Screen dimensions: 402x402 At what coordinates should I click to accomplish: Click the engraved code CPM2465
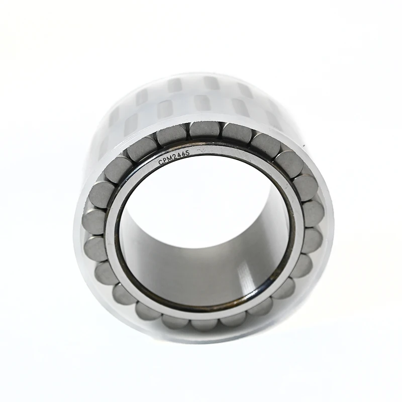(x=174, y=158)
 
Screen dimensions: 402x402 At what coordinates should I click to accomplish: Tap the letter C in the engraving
(x=160, y=163)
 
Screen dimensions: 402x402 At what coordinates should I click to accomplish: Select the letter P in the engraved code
(x=165, y=161)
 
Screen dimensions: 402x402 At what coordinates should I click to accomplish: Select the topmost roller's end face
(x=204, y=131)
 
